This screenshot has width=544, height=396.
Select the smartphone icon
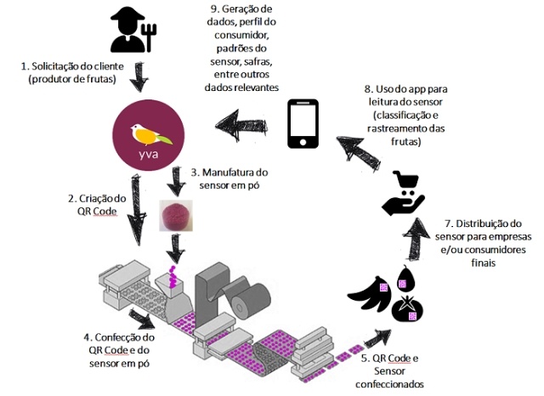[303, 124]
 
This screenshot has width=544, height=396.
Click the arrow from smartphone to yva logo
[241, 126]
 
